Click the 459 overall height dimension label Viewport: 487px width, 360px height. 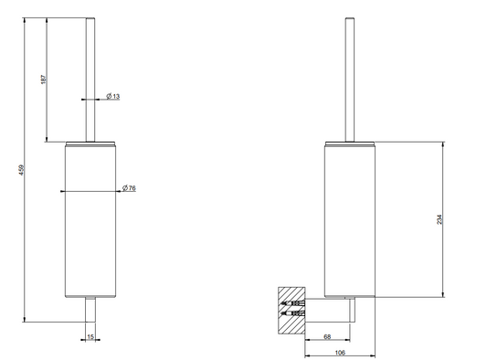coord(21,170)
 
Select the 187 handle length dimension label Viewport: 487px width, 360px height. coord(44,79)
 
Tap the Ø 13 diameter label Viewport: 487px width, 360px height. coord(112,96)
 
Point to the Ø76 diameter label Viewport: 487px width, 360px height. coord(129,188)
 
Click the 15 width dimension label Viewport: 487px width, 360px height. coord(90,337)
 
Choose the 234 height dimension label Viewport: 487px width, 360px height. coord(439,219)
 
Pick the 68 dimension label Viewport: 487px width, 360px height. coord(327,336)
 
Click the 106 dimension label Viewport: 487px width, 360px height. coord(340,353)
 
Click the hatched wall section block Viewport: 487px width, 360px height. coord(291,311)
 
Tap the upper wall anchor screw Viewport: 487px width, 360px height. coord(293,302)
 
